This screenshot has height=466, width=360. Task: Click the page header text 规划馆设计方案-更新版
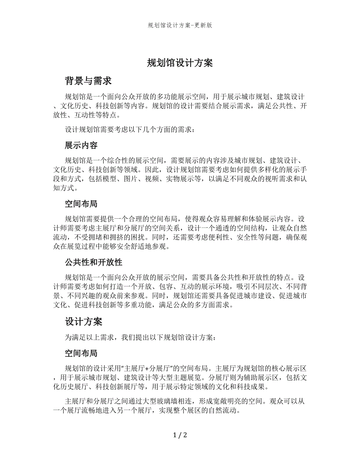click(x=180, y=26)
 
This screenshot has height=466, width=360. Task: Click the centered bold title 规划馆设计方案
click(x=180, y=63)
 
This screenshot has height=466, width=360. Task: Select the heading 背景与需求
click(x=88, y=81)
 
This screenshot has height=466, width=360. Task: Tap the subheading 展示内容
click(x=81, y=145)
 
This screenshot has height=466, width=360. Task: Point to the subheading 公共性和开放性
click(x=94, y=262)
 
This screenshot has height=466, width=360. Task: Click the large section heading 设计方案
click(x=83, y=322)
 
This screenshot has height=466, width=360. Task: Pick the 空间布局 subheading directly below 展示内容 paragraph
click(x=81, y=203)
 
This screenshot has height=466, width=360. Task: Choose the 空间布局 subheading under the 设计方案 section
click(x=81, y=353)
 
